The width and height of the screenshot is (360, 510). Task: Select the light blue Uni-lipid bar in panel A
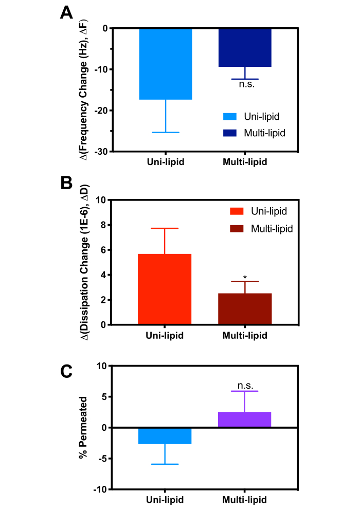(x=165, y=64)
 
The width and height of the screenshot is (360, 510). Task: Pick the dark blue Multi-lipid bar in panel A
(x=245, y=48)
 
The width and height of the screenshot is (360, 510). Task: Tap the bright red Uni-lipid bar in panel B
(x=165, y=289)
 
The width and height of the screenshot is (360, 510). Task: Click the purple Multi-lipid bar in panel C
(x=245, y=420)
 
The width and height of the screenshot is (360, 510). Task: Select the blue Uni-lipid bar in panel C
(x=165, y=435)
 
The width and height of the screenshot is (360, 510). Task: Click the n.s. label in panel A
(x=246, y=84)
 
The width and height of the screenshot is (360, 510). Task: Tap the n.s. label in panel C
(x=245, y=386)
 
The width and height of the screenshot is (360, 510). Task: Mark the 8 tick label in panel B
(x=102, y=225)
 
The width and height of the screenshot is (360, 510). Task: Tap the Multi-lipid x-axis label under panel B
(x=245, y=336)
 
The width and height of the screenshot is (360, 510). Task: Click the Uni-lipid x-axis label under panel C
(x=165, y=500)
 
